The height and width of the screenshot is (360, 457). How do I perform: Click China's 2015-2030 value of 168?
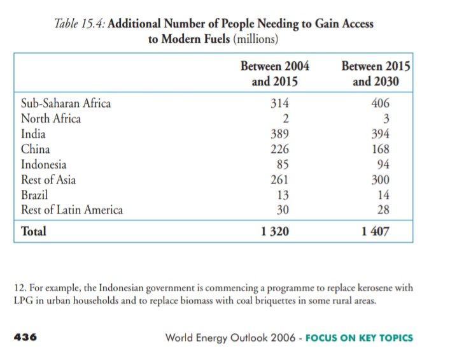tap(379, 149)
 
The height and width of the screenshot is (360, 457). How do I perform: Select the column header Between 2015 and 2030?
tap(376, 74)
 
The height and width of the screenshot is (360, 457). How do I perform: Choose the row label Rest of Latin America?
tap(72, 210)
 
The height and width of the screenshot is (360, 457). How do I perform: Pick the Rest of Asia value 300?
tap(379, 180)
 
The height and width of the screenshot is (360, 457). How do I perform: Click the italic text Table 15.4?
tap(78, 24)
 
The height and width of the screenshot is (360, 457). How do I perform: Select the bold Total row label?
tap(34, 232)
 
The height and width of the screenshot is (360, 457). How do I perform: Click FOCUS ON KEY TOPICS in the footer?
tap(360, 338)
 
